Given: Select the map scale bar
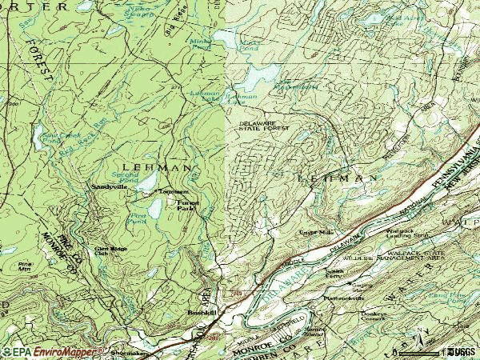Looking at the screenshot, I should coord(430,351).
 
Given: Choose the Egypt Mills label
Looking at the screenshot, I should coord(315,232).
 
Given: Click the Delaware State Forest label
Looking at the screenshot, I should coord(263,126).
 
